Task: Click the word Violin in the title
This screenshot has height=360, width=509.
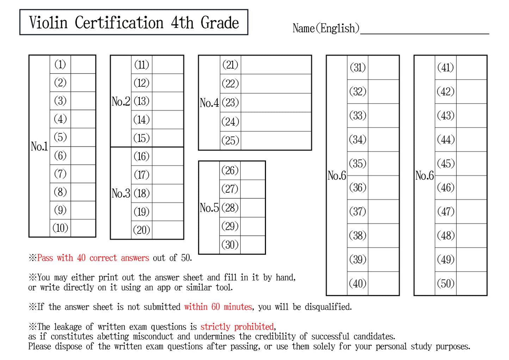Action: [48, 23]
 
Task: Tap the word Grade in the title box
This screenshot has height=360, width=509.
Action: [219, 23]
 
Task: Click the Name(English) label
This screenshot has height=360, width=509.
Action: [326, 28]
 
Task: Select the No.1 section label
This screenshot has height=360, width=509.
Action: [39, 146]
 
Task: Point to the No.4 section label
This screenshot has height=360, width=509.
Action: [209, 103]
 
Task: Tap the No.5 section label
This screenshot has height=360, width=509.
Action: [209, 208]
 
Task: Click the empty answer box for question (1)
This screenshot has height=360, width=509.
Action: [83, 64]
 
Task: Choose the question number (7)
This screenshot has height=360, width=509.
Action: [60, 174]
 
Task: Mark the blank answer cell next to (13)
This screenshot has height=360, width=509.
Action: [168, 101]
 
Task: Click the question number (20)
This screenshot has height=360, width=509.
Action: [142, 230]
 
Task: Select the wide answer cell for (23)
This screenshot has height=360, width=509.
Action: [276, 103]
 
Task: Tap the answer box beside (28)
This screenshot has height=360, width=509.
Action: [253, 208]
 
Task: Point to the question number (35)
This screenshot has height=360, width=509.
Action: [358, 163]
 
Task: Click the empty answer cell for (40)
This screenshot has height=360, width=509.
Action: [383, 283]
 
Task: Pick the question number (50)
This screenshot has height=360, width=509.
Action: [446, 284]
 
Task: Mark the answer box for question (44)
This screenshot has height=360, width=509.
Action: [471, 139]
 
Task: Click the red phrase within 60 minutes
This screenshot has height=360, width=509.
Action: [218, 307]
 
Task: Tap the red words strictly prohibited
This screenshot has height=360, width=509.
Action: [237, 327]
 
